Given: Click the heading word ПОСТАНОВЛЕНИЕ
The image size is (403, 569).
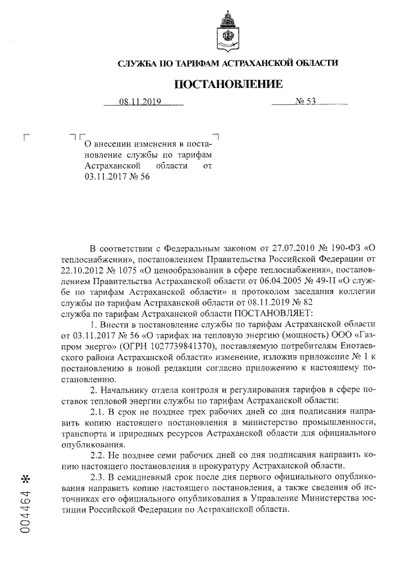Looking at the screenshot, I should pyautogui.click(x=229, y=84).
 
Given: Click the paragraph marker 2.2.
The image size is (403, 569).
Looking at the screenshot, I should pyautogui.click(x=99, y=455).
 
